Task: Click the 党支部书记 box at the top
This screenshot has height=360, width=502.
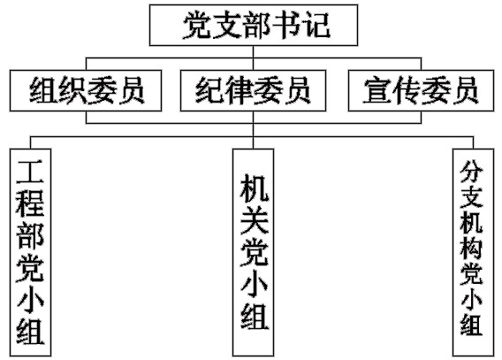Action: (254, 25)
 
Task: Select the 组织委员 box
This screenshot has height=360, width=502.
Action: (86, 90)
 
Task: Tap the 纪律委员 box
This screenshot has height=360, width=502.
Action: (253, 90)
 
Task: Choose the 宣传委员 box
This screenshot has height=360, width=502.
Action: (421, 90)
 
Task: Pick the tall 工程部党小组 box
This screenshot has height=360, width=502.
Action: (30, 252)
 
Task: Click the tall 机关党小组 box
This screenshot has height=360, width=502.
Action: (253, 252)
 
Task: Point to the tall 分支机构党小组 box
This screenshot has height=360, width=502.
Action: (473, 252)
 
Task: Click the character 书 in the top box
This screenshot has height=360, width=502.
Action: (285, 25)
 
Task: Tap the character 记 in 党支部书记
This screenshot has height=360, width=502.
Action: (316, 25)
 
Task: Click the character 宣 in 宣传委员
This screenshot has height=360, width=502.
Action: (376, 90)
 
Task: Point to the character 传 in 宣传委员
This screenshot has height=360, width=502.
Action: (407, 90)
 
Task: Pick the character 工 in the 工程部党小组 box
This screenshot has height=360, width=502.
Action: (30, 172)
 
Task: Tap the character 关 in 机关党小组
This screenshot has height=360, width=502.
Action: (255, 219)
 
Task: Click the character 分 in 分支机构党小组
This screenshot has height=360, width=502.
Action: (472, 171)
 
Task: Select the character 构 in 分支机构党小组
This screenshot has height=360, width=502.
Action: (472, 247)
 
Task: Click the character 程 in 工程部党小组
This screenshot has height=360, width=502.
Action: (30, 203)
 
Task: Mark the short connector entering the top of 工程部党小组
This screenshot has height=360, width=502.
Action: (30, 142)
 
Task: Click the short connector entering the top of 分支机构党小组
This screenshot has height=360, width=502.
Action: (473, 142)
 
